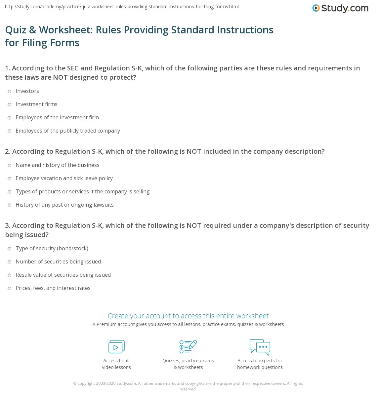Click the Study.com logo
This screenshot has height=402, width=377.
click(340, 8)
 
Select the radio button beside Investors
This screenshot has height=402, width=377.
click(10, 91)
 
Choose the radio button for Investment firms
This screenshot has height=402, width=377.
click(10, 104)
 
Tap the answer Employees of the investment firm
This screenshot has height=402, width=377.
click(57, 117)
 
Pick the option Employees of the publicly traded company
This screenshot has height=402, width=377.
click(67, 131)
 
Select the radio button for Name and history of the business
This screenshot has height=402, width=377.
click(10, 165)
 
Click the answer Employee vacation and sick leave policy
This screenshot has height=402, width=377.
click(64, 178)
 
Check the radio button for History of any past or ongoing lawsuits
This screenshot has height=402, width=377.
click(10, 205)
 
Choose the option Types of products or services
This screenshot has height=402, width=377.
click(82, 191)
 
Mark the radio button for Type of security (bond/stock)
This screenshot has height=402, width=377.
click(10, 249)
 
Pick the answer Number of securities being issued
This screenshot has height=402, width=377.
click(58, 261)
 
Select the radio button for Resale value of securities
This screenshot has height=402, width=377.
click(10, 275)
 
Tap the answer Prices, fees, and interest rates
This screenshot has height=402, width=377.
click(53, 288)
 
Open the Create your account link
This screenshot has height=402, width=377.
click(188, 316)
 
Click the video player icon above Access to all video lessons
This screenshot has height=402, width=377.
click(116, 346)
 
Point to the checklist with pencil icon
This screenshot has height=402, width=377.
click(188, 346)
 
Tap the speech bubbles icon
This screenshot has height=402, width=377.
click(260, 346)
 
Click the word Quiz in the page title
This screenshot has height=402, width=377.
click(16, 30)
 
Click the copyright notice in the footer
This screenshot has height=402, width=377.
click(188, 386)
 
